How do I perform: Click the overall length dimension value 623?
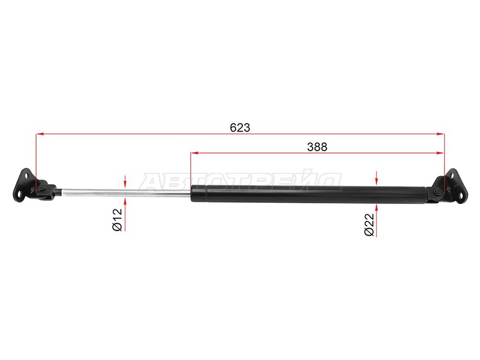pos(240,127)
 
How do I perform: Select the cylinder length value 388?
pos(316,146)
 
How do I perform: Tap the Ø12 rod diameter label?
pos(118,220)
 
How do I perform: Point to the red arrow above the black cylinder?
pos(376,177)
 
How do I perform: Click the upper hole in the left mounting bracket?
pos(26,175)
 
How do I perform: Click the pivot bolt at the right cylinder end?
pos(440,191)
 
